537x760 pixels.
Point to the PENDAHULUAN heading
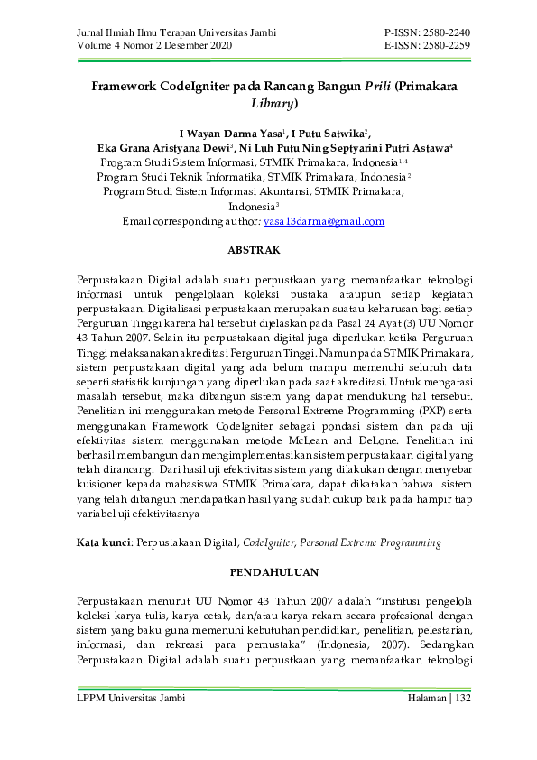point(268,572)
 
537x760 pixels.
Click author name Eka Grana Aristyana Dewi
point(162,147)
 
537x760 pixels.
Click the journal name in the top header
point(162,33)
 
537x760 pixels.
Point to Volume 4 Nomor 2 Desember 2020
point(154,46)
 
